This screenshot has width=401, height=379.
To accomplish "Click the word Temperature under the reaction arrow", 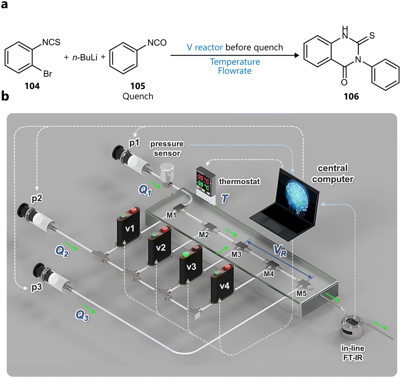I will pyautogui.click(x=235, y=62).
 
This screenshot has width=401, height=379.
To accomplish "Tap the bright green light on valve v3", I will pyautogui.click(x=186, y=255).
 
